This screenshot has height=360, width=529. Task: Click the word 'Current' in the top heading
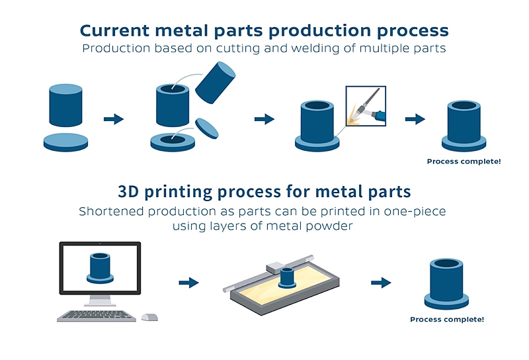coord(114,30)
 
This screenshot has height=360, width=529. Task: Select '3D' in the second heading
coord(128,191)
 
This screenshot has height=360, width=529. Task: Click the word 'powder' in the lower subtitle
coord(329,226)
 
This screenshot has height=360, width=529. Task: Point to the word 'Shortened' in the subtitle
coord(111,211)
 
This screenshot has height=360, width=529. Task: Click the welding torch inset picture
coord(366,106)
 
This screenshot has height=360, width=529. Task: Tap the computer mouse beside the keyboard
coord(149,317)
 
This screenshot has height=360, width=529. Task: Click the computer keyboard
coord(97,316)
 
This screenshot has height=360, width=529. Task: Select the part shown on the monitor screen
coord(100,268)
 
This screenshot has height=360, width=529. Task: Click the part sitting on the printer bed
coord(287,277)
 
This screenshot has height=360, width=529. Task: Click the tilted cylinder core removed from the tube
coord(216,83)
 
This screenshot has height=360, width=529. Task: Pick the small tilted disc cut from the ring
coord(207,128)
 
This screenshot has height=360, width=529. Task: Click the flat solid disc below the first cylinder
coord(65,142)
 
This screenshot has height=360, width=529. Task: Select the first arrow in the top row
coord(114,119)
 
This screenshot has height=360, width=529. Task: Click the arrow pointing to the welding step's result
coord(415,119)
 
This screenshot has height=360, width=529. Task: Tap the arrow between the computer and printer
coord(188,283)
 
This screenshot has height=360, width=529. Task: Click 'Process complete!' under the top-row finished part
coord(464,161)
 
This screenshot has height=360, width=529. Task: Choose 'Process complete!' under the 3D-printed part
coord(447,319)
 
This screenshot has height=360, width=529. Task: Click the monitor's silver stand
coord(100,300)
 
